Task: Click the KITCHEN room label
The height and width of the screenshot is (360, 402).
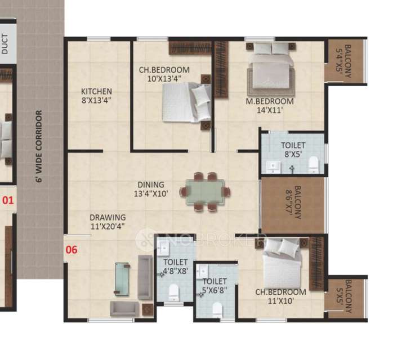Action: coord(96,96)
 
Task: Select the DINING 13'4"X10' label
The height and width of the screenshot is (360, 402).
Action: coord(150,189)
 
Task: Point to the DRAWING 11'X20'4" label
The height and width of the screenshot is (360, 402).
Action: coord(107,222)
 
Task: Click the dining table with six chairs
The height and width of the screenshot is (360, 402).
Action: coord(205,192)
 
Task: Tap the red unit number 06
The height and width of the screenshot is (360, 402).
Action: coord(72,250)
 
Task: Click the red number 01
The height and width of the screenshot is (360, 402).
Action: coord(7,199)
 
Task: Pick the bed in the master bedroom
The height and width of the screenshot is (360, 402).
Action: coord(271,70)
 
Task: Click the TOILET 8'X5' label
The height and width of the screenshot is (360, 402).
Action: coord(293,150)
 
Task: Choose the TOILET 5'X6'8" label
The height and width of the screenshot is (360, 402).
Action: coord(215,286)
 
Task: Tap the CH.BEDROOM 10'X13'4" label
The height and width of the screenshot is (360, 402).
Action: coord(164,75)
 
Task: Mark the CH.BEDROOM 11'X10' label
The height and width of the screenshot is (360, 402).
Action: coord(281,296)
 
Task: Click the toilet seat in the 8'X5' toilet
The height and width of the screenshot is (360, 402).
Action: coord(314,165)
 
